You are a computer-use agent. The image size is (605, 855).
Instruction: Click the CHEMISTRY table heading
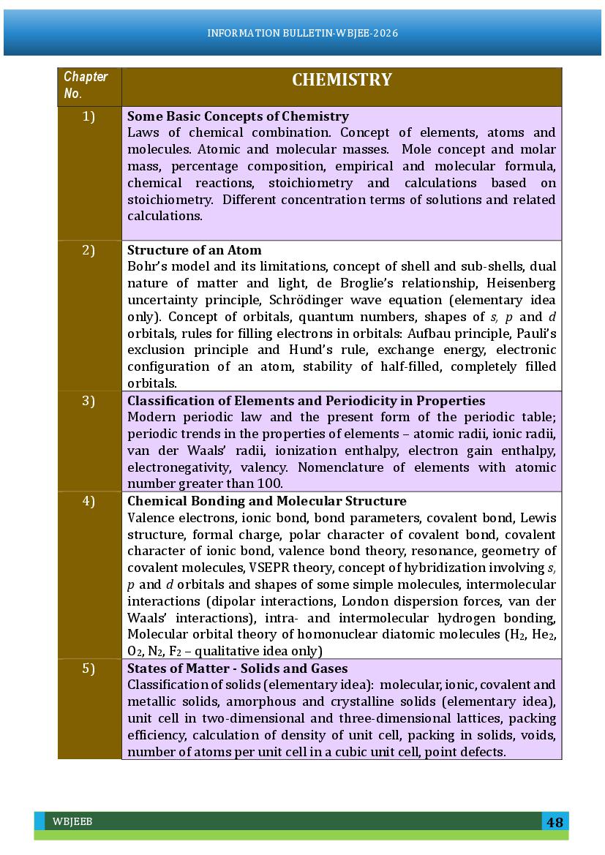pos(342,80)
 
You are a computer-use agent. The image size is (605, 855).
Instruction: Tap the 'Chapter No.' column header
pos(86,85)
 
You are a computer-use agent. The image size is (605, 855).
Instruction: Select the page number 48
pos(555,822)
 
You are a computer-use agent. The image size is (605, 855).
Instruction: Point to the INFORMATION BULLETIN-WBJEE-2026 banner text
pos(302,33)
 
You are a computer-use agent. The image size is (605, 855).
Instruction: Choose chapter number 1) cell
pos(89,116)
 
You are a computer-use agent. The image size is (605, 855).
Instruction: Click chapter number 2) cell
pos(89,250)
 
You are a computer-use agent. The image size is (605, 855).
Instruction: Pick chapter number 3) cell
pos(89,401)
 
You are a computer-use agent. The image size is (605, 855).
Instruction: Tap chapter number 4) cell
pos(89,501)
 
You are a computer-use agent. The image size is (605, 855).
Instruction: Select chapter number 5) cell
pos(89,668)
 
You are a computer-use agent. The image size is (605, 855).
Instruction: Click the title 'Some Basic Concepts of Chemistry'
pos(238,116)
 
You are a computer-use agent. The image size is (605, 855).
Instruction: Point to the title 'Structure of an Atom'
pos(194,250)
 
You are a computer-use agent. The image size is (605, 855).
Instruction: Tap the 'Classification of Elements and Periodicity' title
pos(306,401)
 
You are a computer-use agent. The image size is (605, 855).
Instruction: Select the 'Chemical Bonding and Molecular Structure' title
pos(266,501)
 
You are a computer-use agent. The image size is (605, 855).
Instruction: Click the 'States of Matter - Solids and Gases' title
pos(237,668)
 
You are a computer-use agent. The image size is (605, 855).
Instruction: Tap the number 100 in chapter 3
pos(269,484)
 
